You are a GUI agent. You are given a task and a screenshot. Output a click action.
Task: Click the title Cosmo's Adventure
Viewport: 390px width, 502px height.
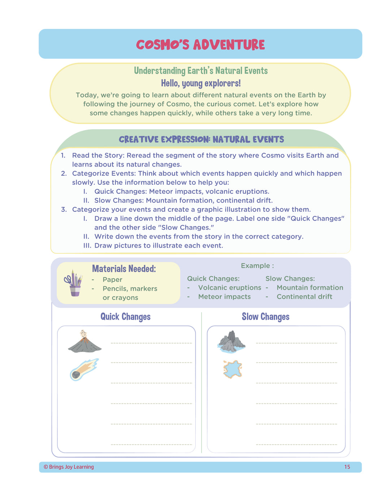pos(200,45)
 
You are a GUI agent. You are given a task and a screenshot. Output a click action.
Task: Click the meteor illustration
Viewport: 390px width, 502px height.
pos(84,369)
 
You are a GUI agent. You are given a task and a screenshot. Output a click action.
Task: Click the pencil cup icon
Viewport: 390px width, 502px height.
pos(74,283)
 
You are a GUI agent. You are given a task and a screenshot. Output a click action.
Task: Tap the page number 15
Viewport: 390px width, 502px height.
pos(347,467)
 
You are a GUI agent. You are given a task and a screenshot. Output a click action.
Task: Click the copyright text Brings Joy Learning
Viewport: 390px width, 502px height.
pos(69,467)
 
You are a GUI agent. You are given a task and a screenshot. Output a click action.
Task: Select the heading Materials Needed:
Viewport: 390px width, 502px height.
pos(124,269)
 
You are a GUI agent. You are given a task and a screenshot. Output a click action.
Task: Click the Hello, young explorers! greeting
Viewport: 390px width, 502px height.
pos(201,83)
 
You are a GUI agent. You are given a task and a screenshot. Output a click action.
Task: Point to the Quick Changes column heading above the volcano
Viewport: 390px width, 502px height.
pos(125,317)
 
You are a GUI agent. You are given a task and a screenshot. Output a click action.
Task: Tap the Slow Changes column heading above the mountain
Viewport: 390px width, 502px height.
pos(265,317)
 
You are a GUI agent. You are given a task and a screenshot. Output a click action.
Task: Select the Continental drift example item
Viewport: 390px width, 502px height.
pos(304,297)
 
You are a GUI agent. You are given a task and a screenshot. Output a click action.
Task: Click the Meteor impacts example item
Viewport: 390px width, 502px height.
pos(224,297)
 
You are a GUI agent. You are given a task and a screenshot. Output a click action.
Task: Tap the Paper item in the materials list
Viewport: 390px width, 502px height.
pos(112,280)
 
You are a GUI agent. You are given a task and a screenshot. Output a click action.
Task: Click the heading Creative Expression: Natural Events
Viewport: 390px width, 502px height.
pos(201,140)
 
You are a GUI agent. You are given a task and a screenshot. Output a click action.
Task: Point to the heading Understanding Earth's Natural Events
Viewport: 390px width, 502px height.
pos(201,70)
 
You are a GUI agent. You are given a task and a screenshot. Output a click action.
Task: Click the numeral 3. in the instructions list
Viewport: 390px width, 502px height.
pos(64,210)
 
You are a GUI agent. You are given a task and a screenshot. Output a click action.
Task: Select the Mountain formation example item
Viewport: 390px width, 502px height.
pos(310,288)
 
